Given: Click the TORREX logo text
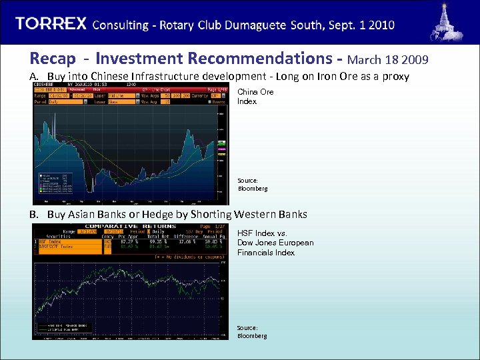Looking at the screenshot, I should click(x=51, y=24).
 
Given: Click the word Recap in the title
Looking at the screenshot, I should click(x=52, y=59).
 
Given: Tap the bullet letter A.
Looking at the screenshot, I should click(x=33, y=77).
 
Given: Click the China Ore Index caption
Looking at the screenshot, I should click(x=255, y=97).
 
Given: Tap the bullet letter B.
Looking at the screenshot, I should click(x=33, y=215).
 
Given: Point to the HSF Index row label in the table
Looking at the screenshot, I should click(x=50, y=241).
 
